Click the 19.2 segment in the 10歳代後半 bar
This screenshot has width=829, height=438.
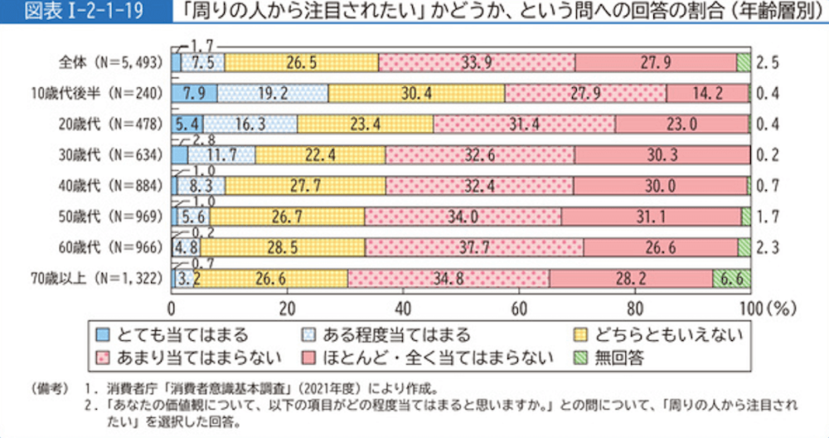(273, 92)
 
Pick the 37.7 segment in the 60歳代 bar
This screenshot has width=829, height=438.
(473, 246)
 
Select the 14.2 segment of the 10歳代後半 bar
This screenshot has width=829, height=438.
(708, 92)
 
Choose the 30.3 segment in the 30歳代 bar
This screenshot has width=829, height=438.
(662, 154)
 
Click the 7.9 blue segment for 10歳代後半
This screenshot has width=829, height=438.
(194, 92)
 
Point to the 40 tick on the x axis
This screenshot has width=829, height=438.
(403, 305)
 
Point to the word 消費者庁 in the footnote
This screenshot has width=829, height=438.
(139, 387)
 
